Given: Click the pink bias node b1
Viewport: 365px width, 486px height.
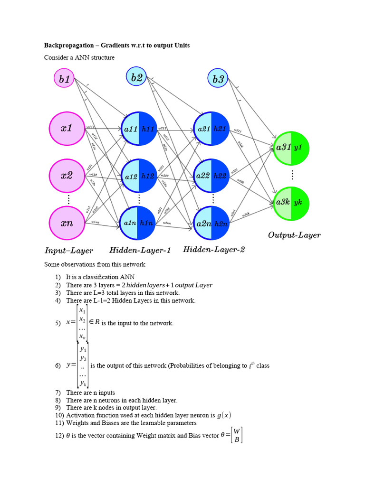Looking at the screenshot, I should click(64, 79).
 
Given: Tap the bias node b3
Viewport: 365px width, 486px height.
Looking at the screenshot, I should click(219, 79).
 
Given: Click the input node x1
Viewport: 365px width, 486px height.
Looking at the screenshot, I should click(67, 129).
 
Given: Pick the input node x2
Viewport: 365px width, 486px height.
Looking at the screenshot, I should click(67, 176).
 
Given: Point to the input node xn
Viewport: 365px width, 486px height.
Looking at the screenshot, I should click(67, 223).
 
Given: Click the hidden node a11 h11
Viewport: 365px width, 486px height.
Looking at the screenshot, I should click(139, 129).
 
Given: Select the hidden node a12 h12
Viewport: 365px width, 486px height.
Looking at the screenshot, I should click(139, 176).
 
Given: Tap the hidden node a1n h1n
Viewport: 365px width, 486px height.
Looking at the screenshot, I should click(139, 223).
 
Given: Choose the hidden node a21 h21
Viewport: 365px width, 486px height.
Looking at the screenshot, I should click(211, 129).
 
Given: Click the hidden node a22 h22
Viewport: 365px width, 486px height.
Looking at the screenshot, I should click(211, 176).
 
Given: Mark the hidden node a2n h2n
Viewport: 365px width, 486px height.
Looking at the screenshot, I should click(211, 223).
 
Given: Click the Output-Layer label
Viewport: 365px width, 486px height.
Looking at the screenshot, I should click(294, 235).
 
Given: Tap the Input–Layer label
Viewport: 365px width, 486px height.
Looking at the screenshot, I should click(69, 251).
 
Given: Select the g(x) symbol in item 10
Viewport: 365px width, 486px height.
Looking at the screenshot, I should click(224, 415).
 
